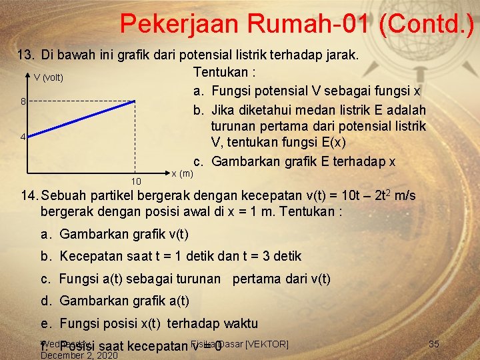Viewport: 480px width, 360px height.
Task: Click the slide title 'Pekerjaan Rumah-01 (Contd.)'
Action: tap(297, 24)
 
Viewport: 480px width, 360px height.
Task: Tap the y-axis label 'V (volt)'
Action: tap(49, 78)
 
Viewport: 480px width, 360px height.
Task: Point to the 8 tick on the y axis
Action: tap(23, 101)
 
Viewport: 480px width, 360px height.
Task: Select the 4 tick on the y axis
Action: tap(23, 137)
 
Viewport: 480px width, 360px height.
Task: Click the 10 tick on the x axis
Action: tap(136, 181)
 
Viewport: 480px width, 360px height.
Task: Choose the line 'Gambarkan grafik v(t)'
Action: tap(124, 234)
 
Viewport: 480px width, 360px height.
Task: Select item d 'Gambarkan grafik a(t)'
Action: tap(125, 301)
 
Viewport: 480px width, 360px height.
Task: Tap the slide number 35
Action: tap(434, 344)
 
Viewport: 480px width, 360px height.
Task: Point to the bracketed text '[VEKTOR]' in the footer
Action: tap(267, 344)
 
